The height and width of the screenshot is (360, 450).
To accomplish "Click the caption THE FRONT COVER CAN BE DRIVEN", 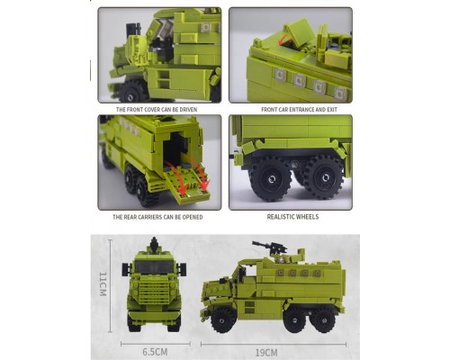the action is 157,110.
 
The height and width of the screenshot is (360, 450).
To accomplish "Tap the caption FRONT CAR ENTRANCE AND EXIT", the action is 299,110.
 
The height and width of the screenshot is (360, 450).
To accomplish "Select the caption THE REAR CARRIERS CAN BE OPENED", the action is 157,217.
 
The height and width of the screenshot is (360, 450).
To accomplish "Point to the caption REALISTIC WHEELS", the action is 292,217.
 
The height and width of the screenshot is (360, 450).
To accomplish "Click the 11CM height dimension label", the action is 103,284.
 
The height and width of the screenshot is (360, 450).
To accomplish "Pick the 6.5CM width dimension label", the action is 155,352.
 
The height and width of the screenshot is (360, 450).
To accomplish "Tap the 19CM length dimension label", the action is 266,352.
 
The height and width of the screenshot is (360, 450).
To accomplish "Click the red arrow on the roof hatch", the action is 285,40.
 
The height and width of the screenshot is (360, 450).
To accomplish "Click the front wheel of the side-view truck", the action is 223,319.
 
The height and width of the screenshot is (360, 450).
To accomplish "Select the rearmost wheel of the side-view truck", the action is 322,319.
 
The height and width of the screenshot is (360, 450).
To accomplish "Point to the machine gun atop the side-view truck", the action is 269,247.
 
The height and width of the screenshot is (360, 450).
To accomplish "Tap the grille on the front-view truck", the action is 154,292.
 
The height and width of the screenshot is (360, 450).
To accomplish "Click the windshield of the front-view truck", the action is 154,267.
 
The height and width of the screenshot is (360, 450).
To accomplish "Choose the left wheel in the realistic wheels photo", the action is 271,179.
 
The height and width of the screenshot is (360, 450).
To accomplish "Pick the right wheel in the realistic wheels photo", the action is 324,177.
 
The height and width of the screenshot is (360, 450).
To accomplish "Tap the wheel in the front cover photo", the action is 131,92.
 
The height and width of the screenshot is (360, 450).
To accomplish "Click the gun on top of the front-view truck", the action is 154,245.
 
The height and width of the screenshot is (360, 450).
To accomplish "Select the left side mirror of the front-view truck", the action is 126,269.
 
